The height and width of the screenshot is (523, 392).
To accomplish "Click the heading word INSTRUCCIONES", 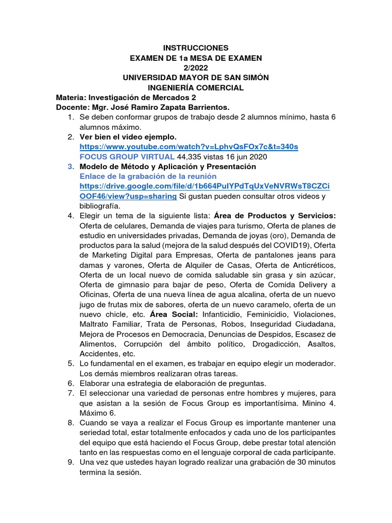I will tap(196, 47).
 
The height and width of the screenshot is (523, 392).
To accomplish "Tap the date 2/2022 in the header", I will tap(196, 67).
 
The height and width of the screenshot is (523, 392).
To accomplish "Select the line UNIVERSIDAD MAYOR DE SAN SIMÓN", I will tap(196, 77).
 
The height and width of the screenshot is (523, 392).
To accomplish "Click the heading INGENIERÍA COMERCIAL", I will tap(196, 87).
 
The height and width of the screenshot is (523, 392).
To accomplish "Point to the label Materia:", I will tap(71, 97).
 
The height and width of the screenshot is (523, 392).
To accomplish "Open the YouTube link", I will tap(189, 147).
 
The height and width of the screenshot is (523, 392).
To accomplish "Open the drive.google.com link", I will tap(204, 186).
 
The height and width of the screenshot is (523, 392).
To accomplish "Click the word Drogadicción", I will tap(276, 344).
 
